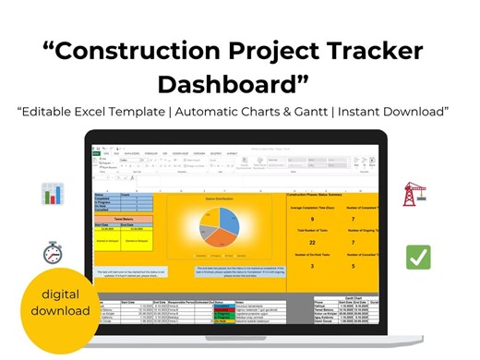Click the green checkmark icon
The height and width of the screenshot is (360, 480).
(x=418, y=257)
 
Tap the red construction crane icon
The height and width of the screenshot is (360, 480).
(x=414, y=194)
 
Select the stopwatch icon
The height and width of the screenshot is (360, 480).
(x=53, y=252)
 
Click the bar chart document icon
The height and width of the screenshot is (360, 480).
(x=53, y=194)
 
